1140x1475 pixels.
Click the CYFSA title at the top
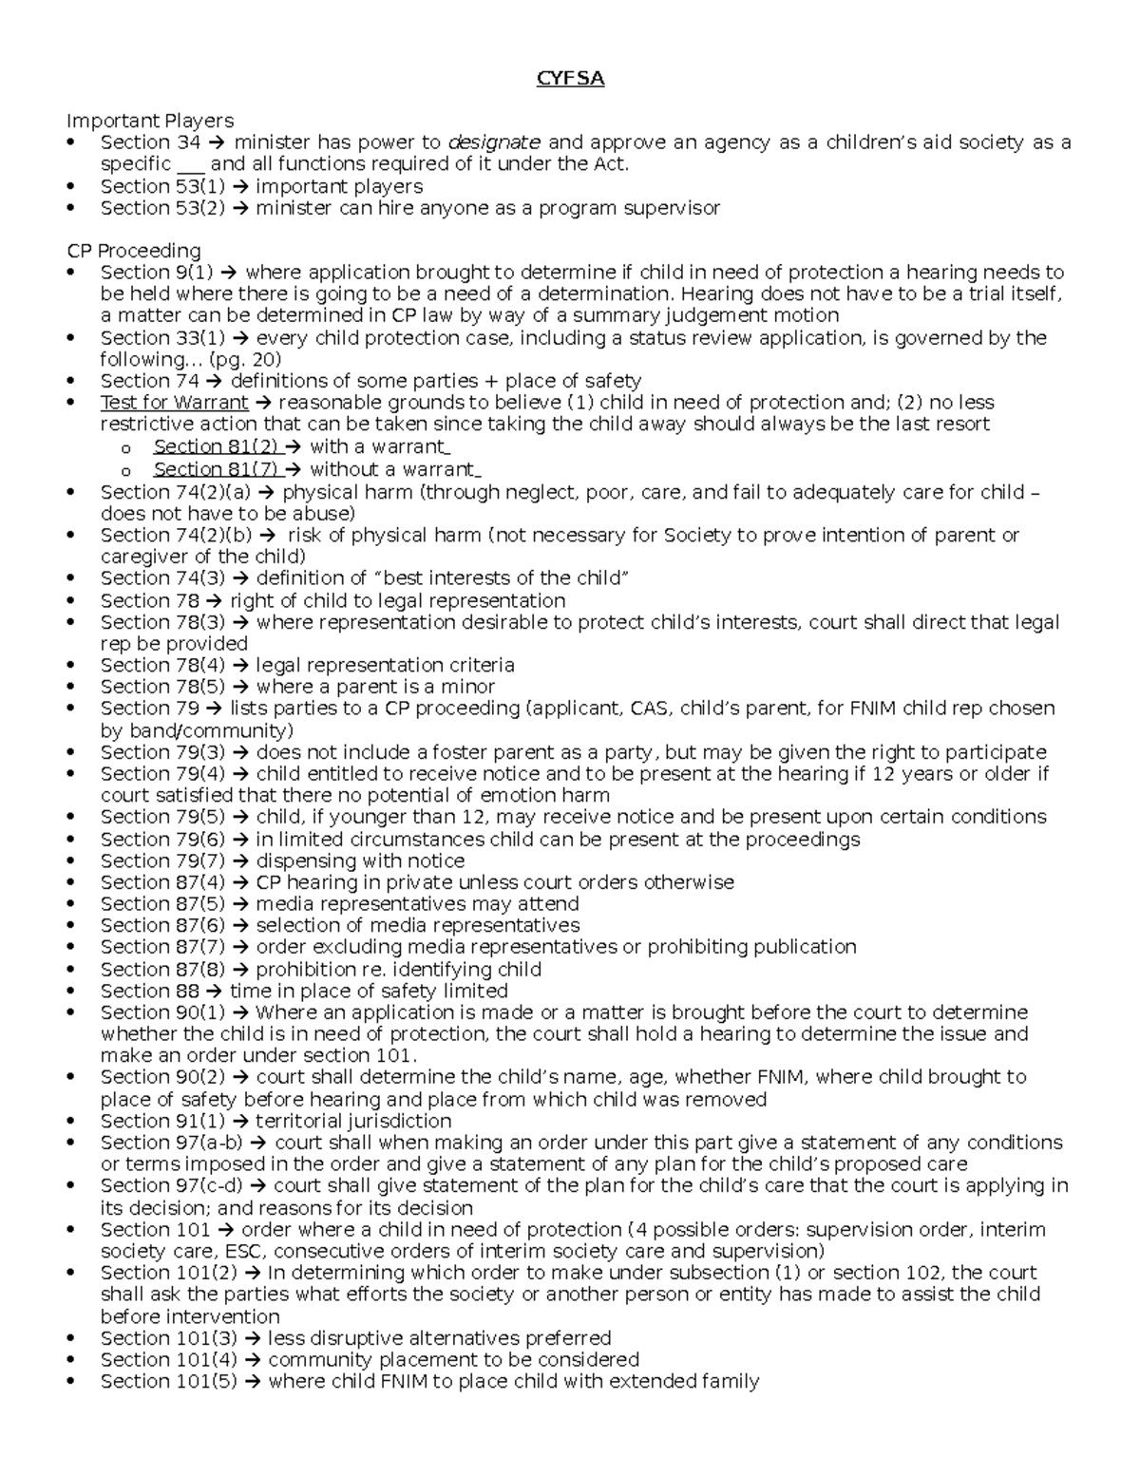click(570, 79)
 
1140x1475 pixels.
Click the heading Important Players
click(149, 121)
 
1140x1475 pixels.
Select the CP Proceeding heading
click(133, 251)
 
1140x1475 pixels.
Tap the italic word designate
click(494, 142)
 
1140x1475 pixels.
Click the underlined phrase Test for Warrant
click(174, 403)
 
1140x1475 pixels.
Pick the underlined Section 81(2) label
click(216, 446)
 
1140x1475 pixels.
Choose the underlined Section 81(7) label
click(216, 469)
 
